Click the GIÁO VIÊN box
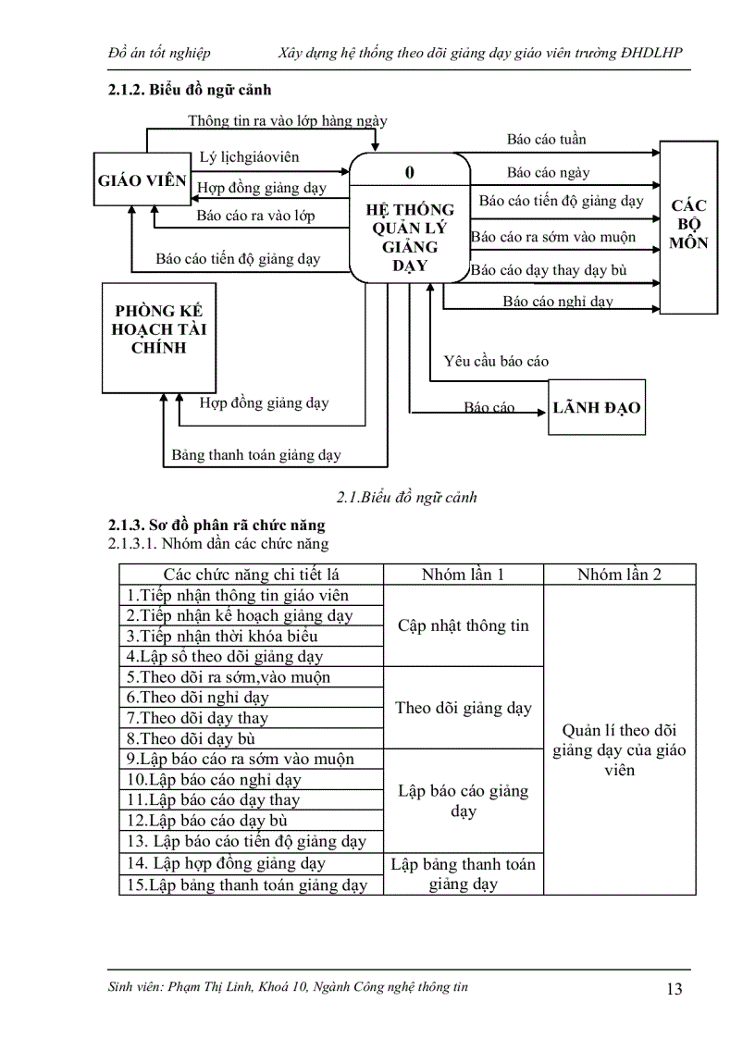(x=142, y=181)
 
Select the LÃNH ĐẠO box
(x=597, y=407)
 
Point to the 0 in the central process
(x=410, y=172)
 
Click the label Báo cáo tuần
(x=546, y=140)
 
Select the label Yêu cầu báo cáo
(x=496, y=361)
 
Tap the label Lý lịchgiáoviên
(x=250, y=158)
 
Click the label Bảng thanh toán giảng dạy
(x=256, y=454)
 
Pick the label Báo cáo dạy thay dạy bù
(x=549, y=270)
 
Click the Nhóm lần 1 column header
(x=463, y=574)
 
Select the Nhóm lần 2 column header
(x=619, y=574)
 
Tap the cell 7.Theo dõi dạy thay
(x=198, y=718)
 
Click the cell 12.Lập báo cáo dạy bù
(x=207, y=821)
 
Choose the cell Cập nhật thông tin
(x=464, y=625)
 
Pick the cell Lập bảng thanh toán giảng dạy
(x=463, y=874)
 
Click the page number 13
(x=674, y=989)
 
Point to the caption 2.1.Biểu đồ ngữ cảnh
(x=407, y=497)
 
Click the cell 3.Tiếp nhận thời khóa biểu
(x=223, y=637)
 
